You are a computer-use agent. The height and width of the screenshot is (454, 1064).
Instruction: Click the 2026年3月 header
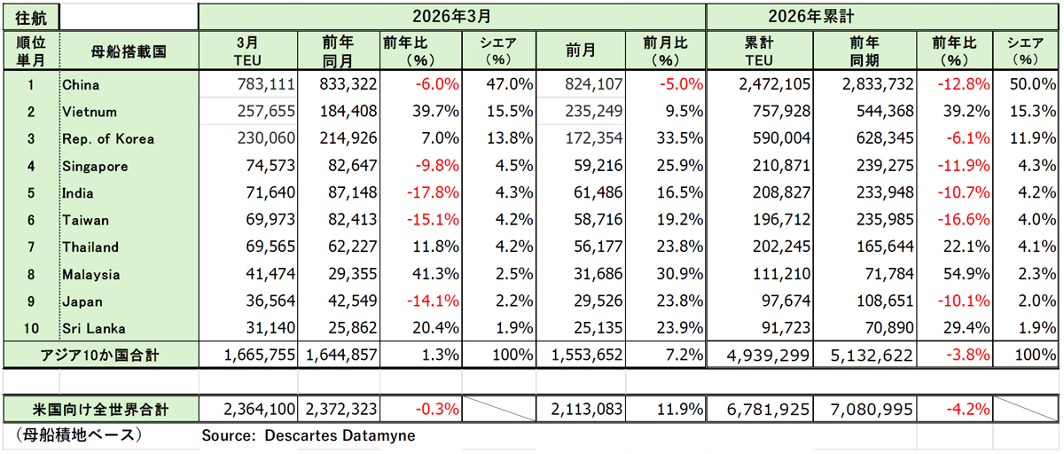[451, 16]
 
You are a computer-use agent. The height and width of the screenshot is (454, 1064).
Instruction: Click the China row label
[81, 85]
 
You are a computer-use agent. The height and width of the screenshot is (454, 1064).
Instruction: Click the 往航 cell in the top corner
[30, 16]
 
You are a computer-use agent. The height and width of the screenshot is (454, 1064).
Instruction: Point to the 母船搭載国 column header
[128, 51]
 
